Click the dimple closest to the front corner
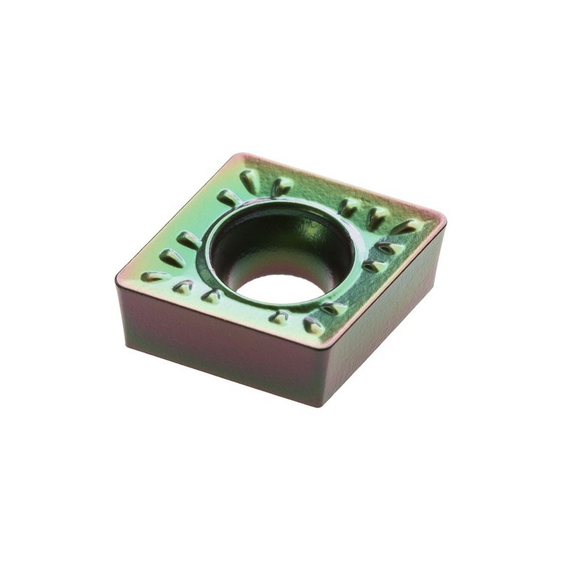pyautogui.click(x=313, y=326)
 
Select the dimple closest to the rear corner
pyautogui.click(x=249, y=180)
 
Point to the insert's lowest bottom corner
pyautogui.click(x=310, y=405)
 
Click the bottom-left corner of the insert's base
pyautogui.click(x=127, y=345)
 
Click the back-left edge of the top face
pyautogui.click(x=179, y=215)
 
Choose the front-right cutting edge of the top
pyautogui.click(x=384, y=281)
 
